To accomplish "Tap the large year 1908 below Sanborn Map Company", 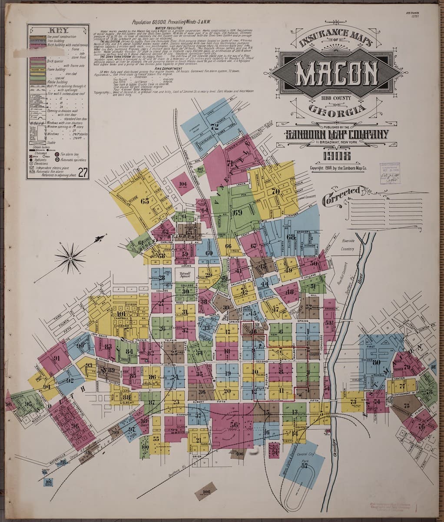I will tap(336, 156).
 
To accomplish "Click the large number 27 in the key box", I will tap(83, 173).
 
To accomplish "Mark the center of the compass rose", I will tap(70, 258).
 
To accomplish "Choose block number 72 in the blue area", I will tap(214, 127).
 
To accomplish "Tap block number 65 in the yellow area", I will tap(145, 201).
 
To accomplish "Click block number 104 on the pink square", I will tap(182, 184).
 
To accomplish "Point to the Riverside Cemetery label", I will tap(348, 245).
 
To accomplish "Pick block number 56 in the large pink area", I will tap(234, 425).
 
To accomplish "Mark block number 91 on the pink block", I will tap(56, 359).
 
